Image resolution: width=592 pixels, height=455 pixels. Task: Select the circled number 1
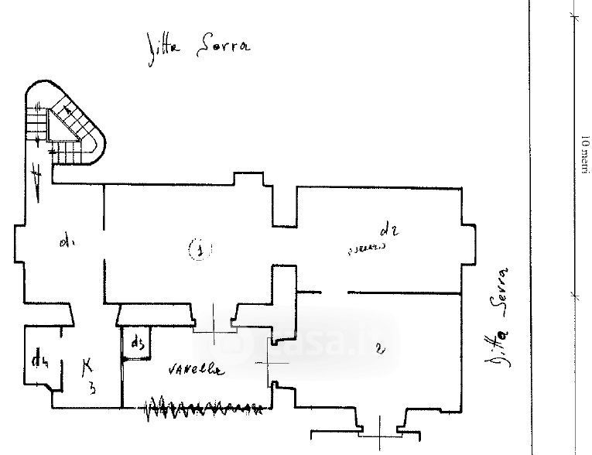pos(199,249)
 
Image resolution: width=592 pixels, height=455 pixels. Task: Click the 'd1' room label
pos(65,243)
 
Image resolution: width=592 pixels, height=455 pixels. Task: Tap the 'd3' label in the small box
pos(138,343)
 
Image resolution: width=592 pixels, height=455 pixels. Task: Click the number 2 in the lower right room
pos(378,349)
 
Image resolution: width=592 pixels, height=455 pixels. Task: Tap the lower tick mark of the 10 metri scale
pos(573,294)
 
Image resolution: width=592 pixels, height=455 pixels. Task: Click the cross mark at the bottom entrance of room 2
pos(380,430)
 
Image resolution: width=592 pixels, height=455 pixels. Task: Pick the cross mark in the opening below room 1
pos(213,331)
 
